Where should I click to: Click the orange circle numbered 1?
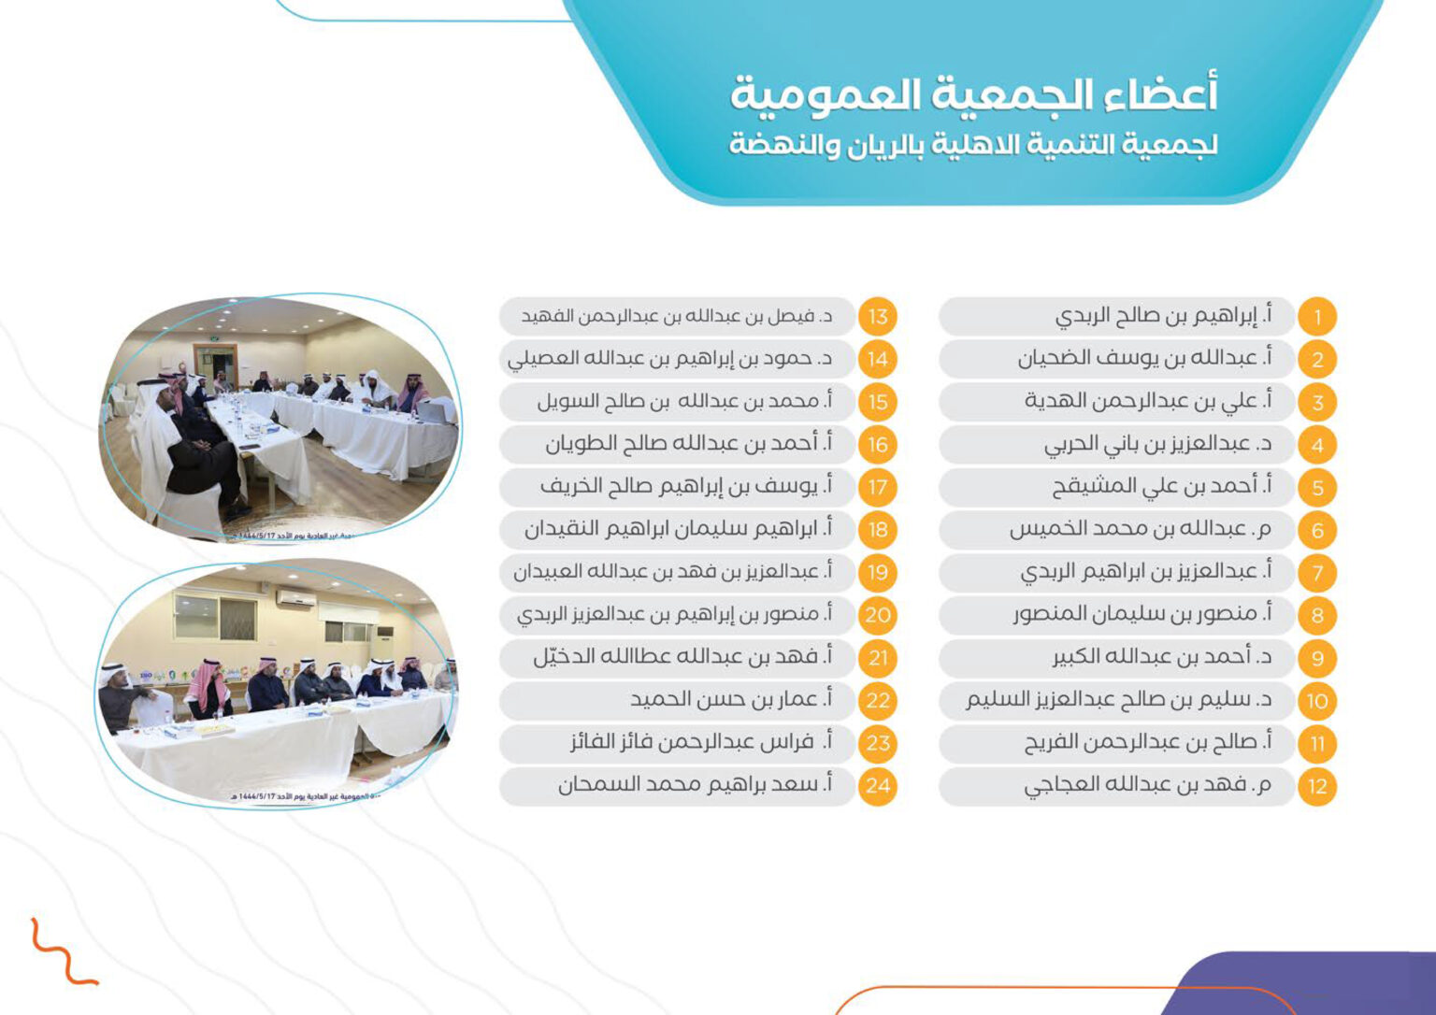coord(1317,317)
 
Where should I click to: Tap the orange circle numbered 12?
coord(1317,786)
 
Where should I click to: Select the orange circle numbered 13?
coord(877,317)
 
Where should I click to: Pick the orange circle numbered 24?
coord(877,786)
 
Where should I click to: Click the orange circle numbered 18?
coord(877,530)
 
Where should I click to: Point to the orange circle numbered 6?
coord(1317,530)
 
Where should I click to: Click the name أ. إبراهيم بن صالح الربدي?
coord(1163,316)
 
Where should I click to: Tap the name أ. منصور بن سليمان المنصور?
coord(1142,614)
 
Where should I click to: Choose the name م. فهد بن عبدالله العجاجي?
coord(1147,785)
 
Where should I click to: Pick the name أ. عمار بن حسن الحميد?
coord(730,699)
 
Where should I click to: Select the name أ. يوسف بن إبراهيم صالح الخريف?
coord(685,486)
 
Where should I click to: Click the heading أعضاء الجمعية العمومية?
coord(973,94)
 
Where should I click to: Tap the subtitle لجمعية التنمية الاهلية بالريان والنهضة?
coord(973,145)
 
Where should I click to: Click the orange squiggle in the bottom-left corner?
coord(62,953)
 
